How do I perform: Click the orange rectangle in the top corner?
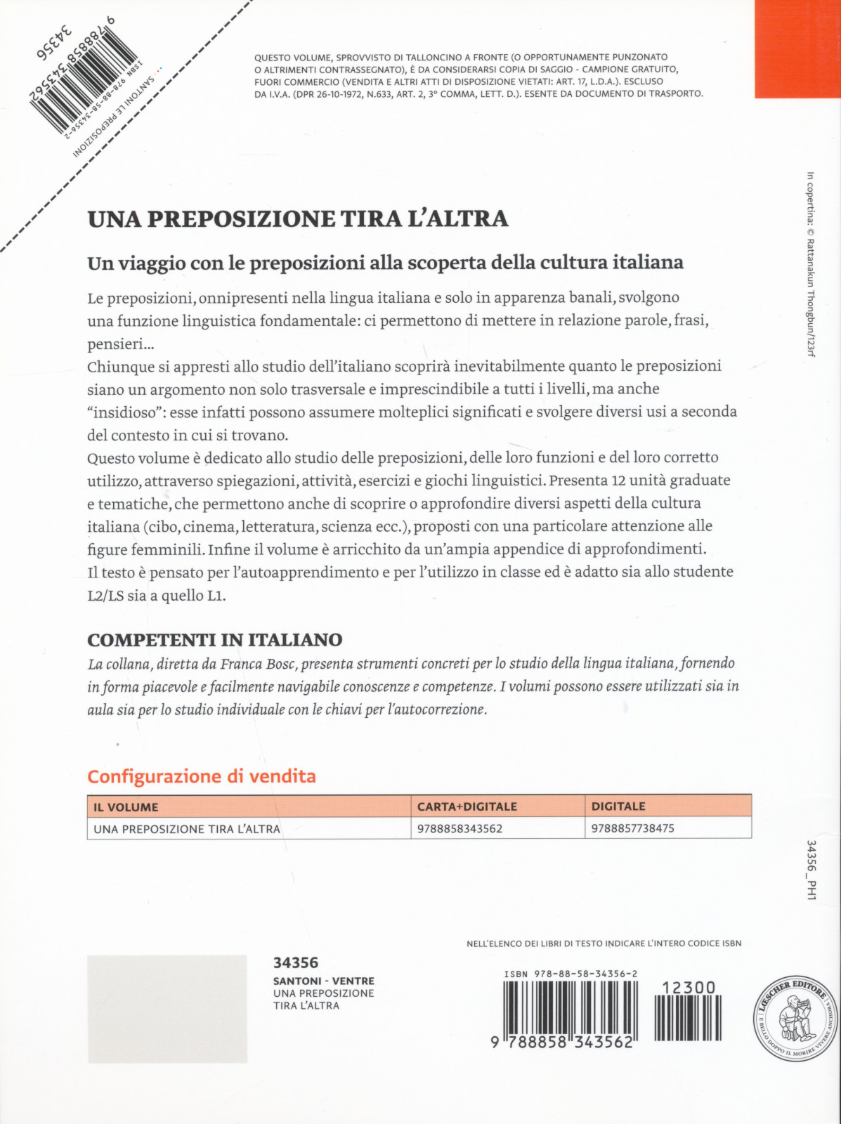tap(797, 49)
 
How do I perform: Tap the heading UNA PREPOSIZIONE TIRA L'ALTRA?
tap(298, 218)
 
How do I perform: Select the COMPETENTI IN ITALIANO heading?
tap(215, 640)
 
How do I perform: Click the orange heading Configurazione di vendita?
tap(202, 776)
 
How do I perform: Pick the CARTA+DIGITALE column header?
tap(467, 806)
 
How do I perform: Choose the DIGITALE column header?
tap(618, 806)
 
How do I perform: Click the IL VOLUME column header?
tap(126, 807)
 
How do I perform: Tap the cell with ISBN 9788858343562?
tap(460, 828)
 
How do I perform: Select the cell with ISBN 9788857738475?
tap(633, 828)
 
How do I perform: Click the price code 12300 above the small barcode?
tap(689, 988)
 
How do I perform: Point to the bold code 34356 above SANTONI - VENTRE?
tap(296, 962)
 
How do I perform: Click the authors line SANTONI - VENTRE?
tap(324, 981)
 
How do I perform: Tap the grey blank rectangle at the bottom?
tap(167, 1009)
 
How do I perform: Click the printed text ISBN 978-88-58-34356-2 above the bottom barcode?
tap(571, 974)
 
